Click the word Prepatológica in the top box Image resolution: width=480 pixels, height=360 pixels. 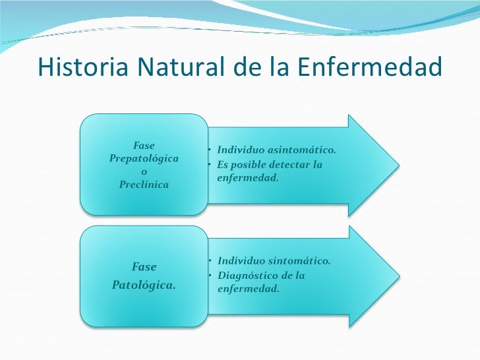144,159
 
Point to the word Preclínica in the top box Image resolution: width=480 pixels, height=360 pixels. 144,184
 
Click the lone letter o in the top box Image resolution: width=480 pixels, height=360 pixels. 144,171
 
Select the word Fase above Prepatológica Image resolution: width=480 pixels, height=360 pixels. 144,146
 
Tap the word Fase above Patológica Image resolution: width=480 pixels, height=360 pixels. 144,267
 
